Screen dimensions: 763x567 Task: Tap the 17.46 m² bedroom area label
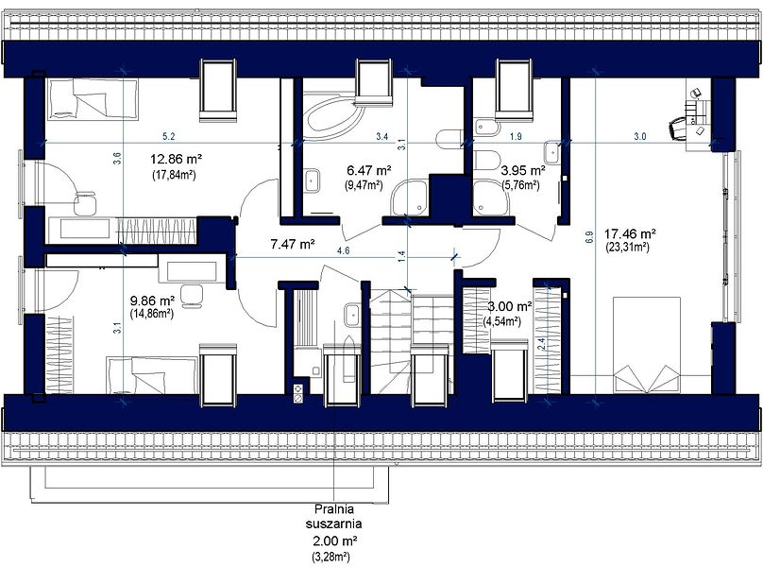[630, 234]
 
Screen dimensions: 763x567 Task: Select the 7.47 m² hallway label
[292, 244]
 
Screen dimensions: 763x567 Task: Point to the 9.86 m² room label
[152, 301]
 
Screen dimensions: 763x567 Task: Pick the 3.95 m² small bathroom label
[523, 171]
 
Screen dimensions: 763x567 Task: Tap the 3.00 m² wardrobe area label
[510, 306]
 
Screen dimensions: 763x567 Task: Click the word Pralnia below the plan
[334, 509]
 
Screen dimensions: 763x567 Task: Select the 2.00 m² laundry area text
[335, 541]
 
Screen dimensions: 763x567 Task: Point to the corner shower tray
[409, 197]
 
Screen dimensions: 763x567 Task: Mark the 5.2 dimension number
[168, 137]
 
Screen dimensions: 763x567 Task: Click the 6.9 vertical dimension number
[589, 237]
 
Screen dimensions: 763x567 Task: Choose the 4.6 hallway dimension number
[344, 251]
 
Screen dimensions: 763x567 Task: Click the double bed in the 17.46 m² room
[646, 344]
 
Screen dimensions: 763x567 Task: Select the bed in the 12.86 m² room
[93, 99]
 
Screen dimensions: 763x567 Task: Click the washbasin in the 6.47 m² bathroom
[312, 180]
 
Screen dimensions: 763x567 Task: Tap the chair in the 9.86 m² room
[192, 296]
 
